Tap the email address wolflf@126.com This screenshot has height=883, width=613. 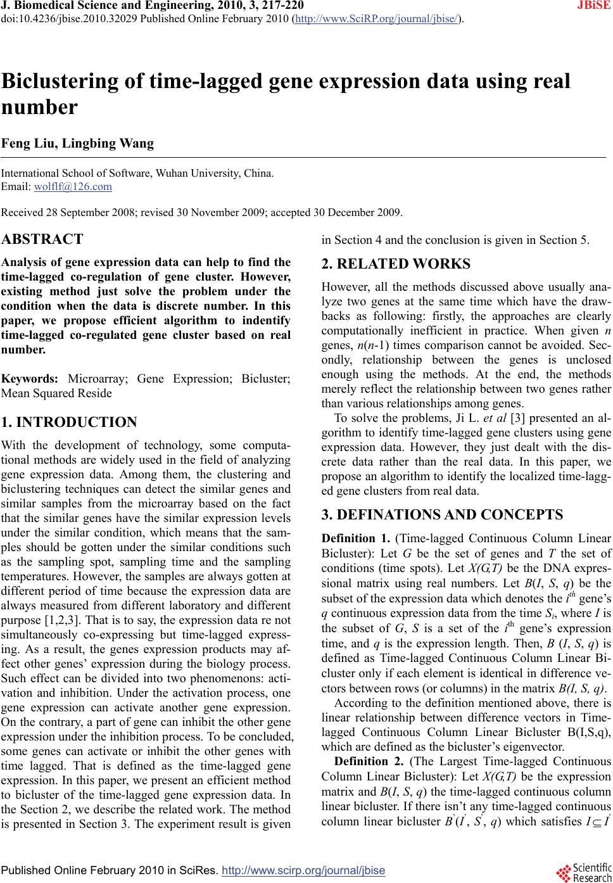pos(73,187)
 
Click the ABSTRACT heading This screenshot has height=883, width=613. pos(42,239)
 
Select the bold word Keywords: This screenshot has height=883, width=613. pos(30,379)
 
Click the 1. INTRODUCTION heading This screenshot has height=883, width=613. pos(70,422)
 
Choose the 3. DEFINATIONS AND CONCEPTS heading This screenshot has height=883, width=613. pos(442,514)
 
